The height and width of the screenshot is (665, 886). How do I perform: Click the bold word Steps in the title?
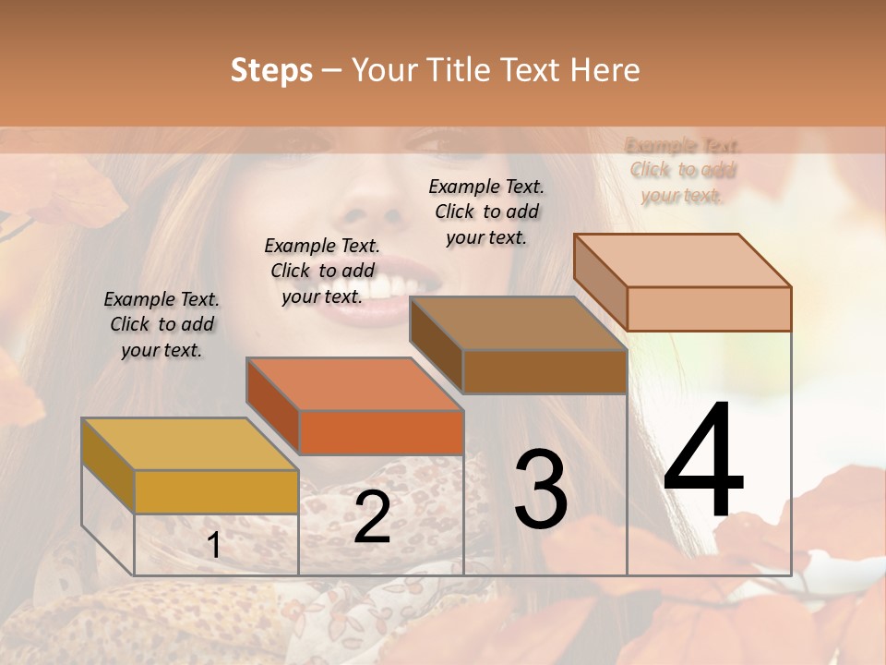(x=271, y=70)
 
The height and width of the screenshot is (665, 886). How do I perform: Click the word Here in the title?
(x=605, y=70)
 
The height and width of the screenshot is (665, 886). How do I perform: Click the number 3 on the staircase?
(x=541, y=490)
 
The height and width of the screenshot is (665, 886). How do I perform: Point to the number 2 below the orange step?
(x=372, y=517)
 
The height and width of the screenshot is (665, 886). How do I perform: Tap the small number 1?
(x=213, y=546)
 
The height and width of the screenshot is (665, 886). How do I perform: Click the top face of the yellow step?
(x=190, y=444)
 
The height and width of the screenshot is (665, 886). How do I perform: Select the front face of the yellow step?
(x=216, y=491)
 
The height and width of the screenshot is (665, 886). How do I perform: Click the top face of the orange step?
(x=354, y=383)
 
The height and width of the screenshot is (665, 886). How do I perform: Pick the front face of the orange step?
(x=381, y=432)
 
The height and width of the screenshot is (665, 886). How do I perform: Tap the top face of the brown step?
(x=518, y=323)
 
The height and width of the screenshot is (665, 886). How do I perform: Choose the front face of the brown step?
(x=545, y=371)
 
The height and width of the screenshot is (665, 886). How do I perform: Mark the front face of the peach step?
(x=709, y=308)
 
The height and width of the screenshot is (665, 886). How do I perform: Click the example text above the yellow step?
(x=162, y=324)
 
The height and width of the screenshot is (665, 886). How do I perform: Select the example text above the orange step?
(x=322, y=271)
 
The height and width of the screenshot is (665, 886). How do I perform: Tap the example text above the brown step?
(x=486, y=212)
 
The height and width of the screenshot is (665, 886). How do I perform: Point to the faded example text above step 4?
(x=683, y=170)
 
